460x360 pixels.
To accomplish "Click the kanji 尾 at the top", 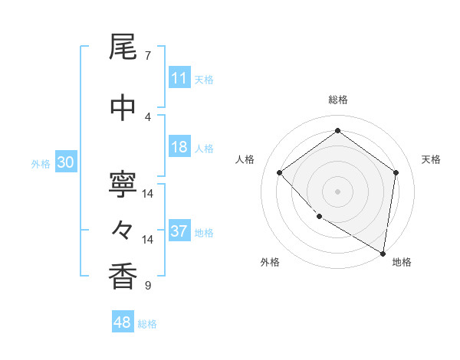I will (123, 48).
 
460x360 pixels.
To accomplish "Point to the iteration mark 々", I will (123, 229).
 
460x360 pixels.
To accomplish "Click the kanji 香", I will (123, 277).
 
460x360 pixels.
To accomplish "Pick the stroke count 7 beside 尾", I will (148, 56).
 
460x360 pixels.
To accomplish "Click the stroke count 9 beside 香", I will (148, 286).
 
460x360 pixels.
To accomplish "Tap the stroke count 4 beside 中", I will (148, 116).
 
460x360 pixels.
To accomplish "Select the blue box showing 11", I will (179, 78).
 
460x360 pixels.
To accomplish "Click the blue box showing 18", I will (179, 147).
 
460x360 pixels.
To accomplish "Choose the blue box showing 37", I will (179, 231).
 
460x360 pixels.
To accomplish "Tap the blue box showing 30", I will (65, 162).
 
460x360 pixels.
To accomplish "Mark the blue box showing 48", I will (123, 323).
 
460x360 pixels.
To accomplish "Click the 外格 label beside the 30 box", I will (40, 163).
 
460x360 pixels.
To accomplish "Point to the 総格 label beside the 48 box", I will (147, 324).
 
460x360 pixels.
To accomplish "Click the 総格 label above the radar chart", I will (338, 100).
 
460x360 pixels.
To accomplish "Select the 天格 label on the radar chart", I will (431, 159).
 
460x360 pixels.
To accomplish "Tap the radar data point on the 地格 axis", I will (383, 253).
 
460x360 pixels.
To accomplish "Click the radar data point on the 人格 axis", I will (280, 172).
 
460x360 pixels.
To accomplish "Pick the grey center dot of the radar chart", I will (338, 191).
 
